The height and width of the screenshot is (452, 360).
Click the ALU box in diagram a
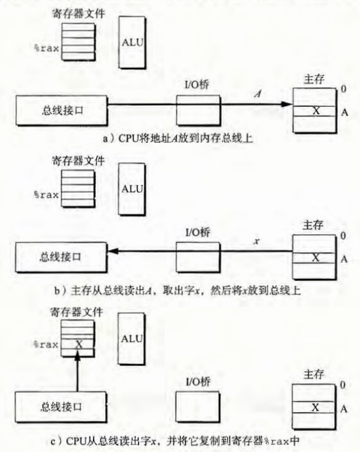click(x=132, y=42)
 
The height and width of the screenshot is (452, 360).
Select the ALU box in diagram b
click(x=132, y=189)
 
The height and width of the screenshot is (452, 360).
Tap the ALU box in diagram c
click(x=132, y=339)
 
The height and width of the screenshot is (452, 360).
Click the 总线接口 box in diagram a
click(x=61, y=111)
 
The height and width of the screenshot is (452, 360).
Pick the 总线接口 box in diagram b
click(x=61, y=257)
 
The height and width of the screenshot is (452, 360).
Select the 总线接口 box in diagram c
click(x=61, y=406)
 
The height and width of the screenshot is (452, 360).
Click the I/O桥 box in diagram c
click(x=198, y=406)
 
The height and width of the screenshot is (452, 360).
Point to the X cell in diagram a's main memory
click(x=314, y=111)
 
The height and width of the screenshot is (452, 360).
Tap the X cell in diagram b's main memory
click(x=314, y=258)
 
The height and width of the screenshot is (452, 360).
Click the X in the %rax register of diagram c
click(x=78, y=344)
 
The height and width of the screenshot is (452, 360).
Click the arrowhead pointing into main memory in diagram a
click(x=287, y=104)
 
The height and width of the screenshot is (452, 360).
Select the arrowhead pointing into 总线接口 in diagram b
click(x=113, y=251)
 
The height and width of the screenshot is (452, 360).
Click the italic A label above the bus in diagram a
click(x=258, y=94)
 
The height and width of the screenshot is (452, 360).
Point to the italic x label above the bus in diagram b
click(x=256, y=241)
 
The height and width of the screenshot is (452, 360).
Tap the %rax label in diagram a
click(x=46, y=48)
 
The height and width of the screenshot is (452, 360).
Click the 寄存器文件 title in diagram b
click(x=78, y=161)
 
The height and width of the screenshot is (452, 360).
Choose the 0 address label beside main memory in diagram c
click(x=343, y=385)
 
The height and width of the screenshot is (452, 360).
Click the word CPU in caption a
click(x=128, y=138)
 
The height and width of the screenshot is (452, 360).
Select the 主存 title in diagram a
click(x=314, y=79)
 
